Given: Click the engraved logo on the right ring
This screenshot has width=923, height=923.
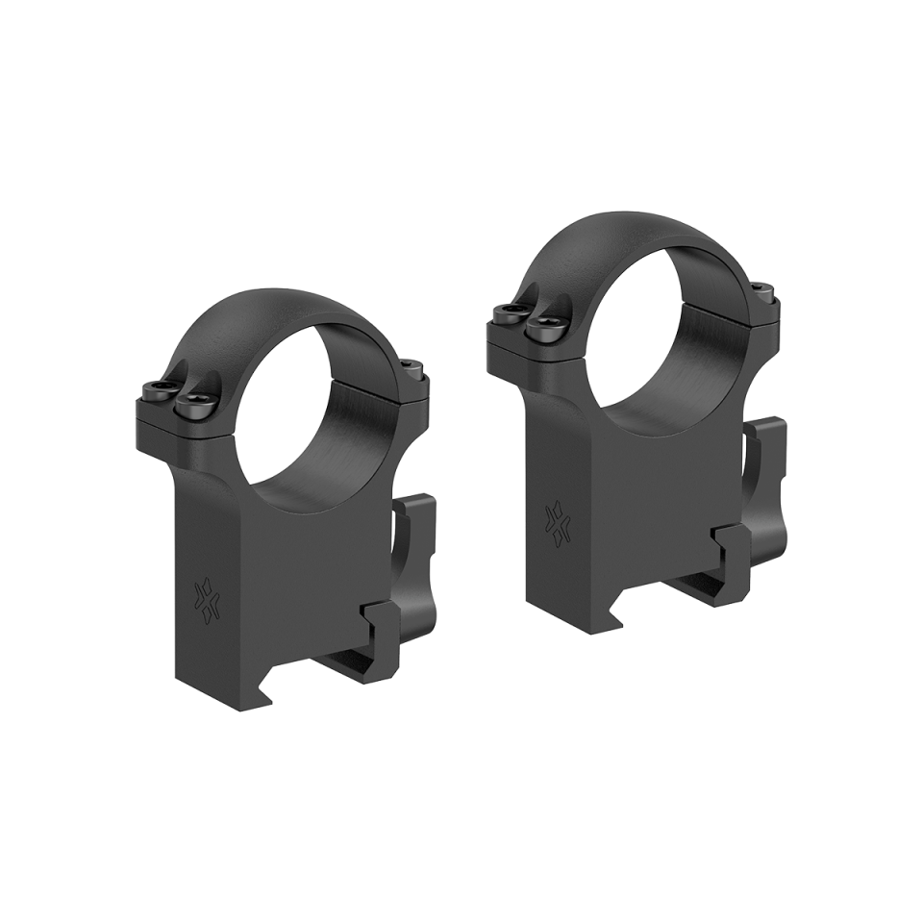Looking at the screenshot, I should tap(556, 518).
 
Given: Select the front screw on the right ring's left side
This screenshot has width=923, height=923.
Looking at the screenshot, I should tap(542, 327).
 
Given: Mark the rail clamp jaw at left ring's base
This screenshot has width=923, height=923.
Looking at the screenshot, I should tap(385, 635).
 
